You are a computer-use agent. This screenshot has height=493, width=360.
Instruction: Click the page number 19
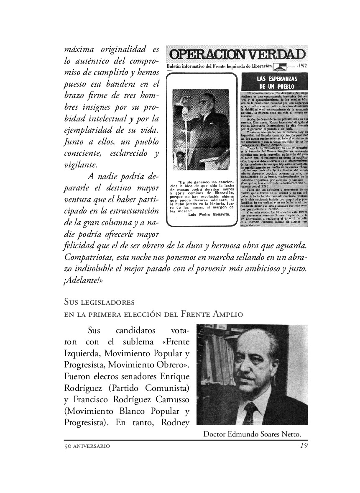(x=304, y=446)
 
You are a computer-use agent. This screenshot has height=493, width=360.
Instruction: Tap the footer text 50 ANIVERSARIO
(x=87, y=446)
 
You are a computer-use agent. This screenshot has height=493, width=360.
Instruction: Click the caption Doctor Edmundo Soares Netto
(x=252, y=434)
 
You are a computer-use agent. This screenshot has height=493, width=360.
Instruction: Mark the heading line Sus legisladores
(x=99, y=301)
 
